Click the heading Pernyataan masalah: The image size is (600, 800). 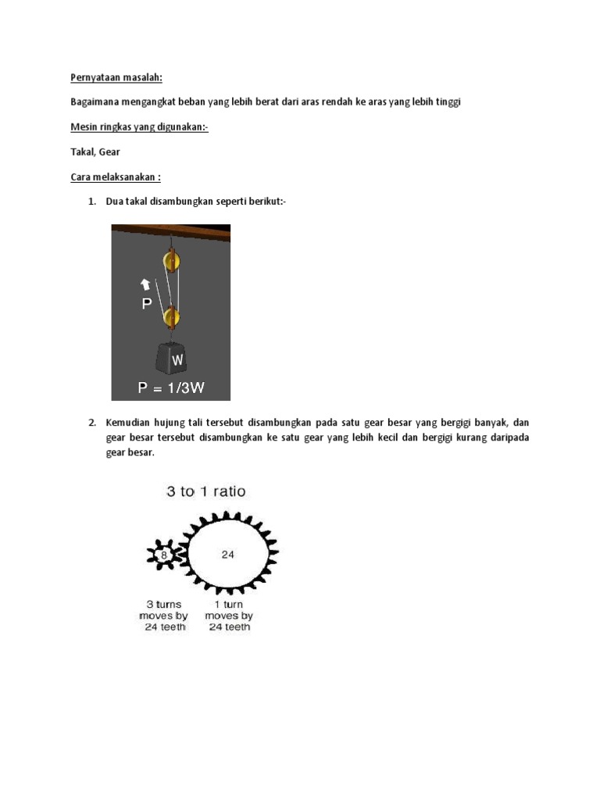117,78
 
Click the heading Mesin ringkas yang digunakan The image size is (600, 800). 139,127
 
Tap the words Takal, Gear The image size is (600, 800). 95,152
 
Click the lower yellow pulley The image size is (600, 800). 171,317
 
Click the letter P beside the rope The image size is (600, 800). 147,304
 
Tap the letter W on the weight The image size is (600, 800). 177,360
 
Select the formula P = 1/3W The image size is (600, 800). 171,387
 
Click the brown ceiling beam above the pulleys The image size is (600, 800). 171,232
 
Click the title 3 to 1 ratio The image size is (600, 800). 205,491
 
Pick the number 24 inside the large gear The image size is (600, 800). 227,555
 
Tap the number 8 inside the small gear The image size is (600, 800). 163,555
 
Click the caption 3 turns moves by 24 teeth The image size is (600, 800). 163,616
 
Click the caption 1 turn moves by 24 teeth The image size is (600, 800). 229,616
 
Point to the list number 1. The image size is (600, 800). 91,202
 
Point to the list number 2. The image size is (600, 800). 91,423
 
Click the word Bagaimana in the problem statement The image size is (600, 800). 96,103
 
